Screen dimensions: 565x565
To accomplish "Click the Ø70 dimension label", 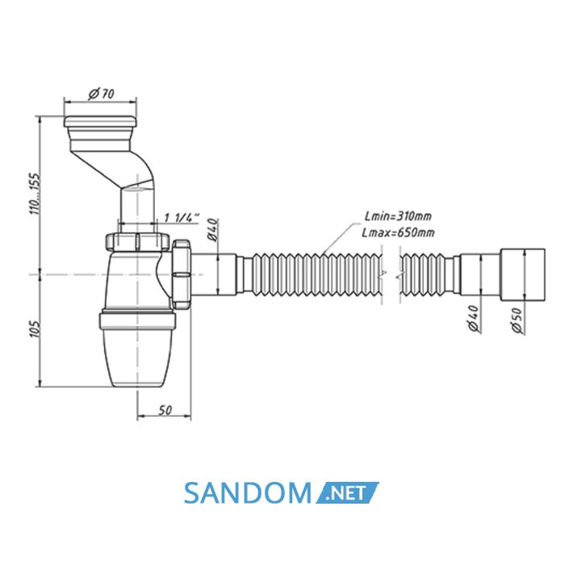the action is [101, 94].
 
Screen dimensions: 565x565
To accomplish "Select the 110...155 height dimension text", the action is [36, 194].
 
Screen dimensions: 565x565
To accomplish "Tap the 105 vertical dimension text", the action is [36, 329].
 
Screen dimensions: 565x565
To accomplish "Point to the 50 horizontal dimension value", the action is [165, 410].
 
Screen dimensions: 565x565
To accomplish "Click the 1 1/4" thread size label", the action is [182, 218].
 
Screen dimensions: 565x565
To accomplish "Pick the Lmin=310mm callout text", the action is [398, 216].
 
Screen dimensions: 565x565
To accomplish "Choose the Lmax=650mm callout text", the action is [398, 232].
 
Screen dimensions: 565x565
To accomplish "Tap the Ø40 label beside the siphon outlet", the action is [212, 230].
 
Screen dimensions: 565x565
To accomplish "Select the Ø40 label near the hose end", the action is [473, 319].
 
